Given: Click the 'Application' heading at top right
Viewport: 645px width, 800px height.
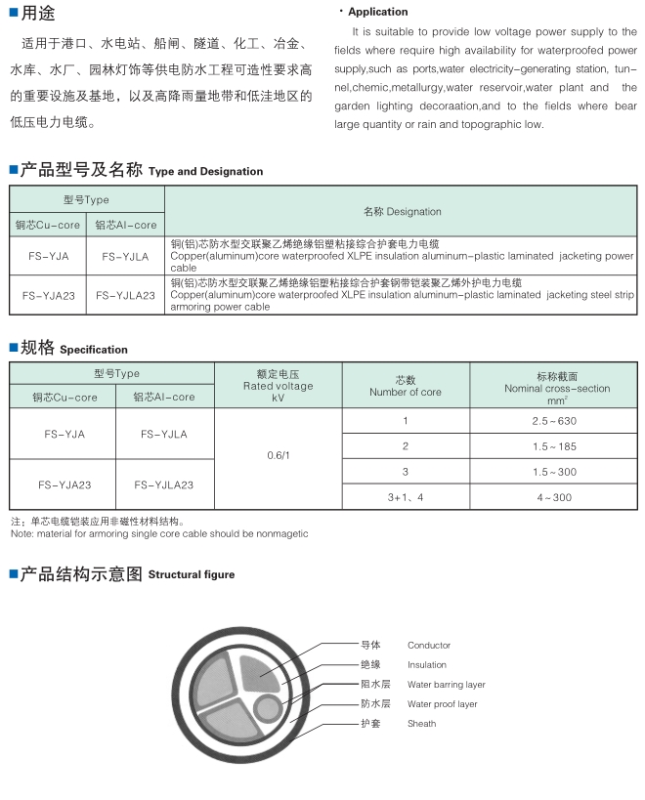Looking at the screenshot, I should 378,12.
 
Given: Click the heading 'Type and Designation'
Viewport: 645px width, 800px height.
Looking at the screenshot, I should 205,172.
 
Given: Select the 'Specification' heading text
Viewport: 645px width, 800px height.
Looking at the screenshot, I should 94,350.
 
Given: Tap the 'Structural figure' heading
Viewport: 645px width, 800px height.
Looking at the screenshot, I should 191,575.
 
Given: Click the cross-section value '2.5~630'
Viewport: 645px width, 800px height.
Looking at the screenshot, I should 554,421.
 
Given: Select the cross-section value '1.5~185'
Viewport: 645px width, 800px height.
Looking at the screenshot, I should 554,446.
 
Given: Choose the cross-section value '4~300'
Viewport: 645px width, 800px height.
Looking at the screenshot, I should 554,498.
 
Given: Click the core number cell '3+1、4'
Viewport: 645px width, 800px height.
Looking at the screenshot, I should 405,498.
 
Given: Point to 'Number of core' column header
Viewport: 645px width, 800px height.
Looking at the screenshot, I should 405,392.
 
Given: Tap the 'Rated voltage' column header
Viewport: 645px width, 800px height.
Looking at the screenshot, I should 278,386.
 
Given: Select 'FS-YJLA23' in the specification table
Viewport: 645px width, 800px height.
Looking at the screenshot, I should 163,484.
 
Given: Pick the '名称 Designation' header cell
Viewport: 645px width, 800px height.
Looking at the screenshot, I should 403,211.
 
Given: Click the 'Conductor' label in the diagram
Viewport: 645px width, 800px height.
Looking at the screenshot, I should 429,646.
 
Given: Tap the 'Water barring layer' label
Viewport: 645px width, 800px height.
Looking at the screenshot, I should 447,685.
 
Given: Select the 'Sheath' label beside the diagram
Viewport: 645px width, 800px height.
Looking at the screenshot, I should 422,724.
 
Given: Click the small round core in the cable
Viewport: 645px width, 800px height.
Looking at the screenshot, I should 266,705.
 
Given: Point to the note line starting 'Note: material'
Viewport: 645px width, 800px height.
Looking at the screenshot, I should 159,534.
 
